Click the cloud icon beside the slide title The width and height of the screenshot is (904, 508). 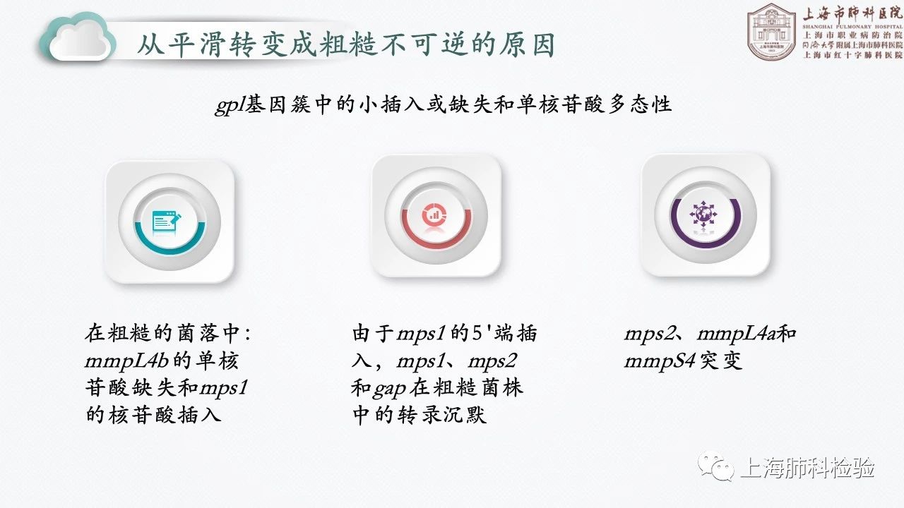tap(77, 38)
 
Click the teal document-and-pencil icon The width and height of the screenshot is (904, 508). tap(166, 222)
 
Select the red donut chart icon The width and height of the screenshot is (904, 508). tap(434, 214)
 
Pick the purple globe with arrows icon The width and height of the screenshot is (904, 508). tap(703, 214)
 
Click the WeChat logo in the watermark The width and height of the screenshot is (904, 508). tap(716, 468)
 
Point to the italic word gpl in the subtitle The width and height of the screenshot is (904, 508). tap(230, 106)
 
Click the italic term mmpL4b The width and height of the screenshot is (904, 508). tap(126, 361)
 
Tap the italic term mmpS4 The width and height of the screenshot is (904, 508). tap(660, 361)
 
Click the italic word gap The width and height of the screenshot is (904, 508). tap(389, 389)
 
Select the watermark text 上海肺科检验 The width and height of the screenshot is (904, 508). tap(807, 468)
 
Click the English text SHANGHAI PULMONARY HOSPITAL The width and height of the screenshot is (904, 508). tap(852, 27)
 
